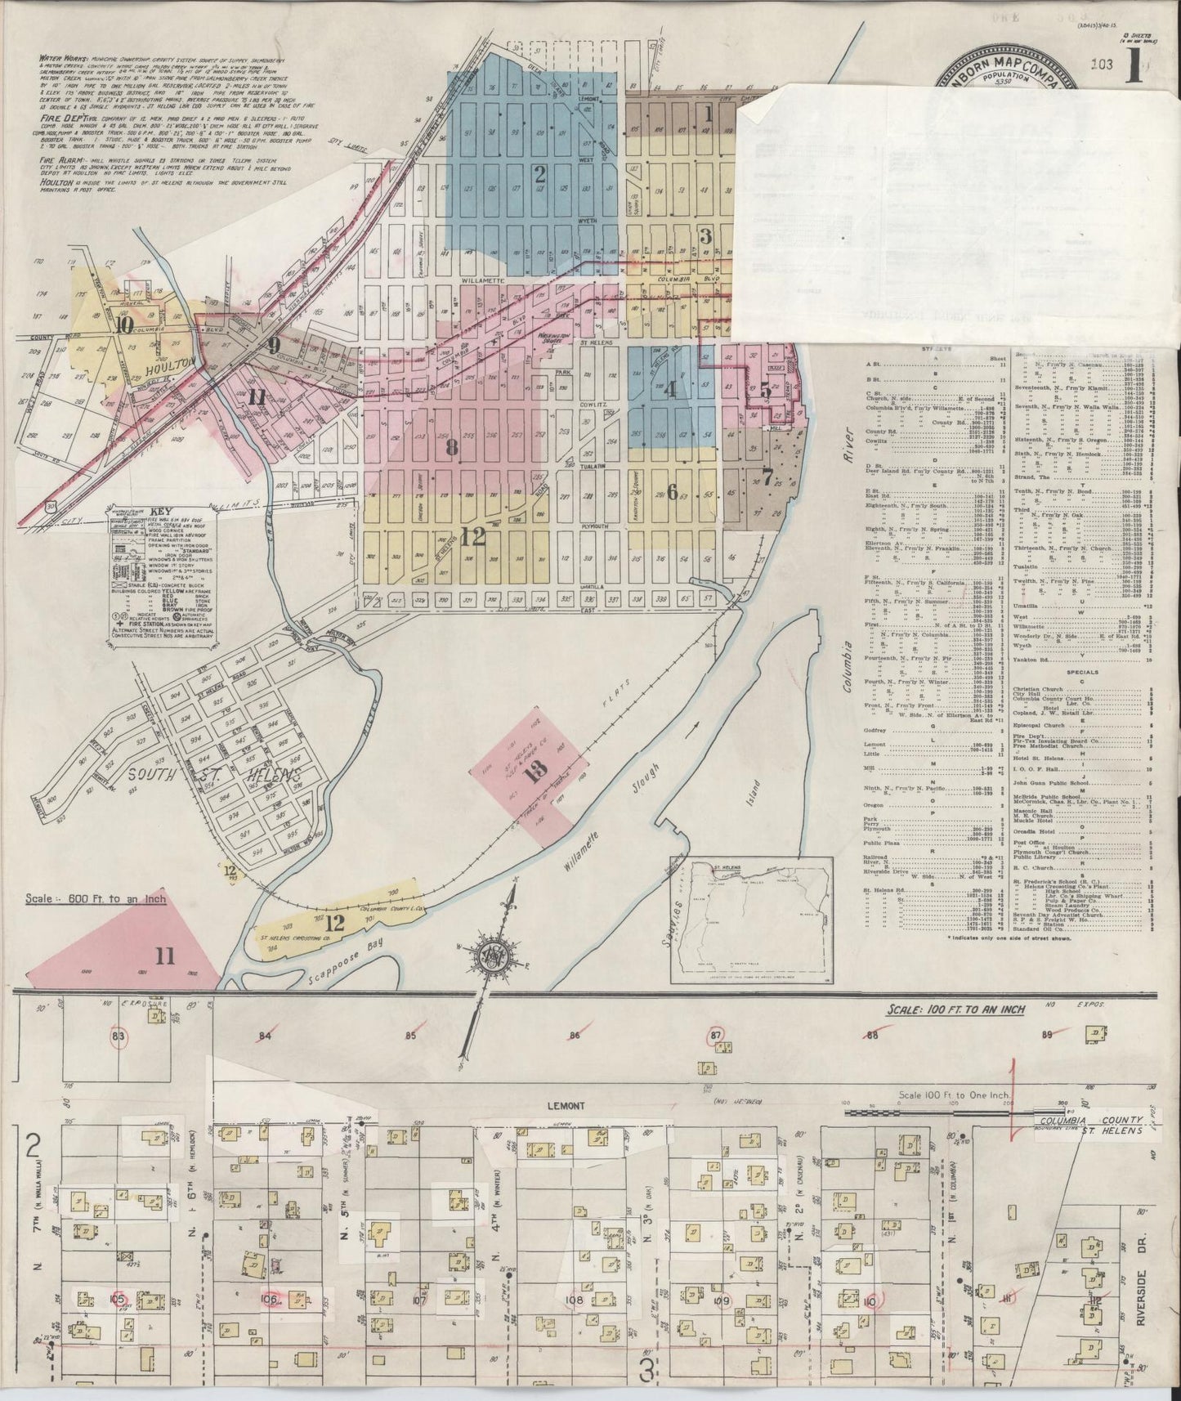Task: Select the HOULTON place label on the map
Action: [169, 362]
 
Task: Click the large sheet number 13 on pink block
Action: [536, 772]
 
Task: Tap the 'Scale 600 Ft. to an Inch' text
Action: [95, 899]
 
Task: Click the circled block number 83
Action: [119, 1037]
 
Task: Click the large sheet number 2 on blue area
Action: [539, 173]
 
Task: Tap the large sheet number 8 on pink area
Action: [452, 447]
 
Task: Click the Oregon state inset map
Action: [751, 918]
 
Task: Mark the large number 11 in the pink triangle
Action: [166, 955]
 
